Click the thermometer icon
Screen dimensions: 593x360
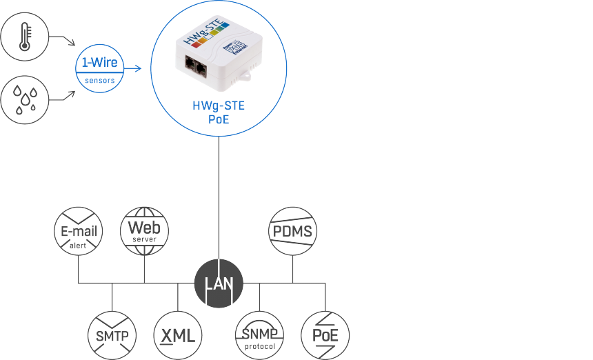pyautogui.click(x=25, y=37)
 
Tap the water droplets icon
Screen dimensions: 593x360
pyautogui.click(x=25, y=100)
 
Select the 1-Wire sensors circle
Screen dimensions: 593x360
pyautogui.click(x=100, y=68)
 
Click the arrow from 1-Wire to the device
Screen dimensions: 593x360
pyautogui.click(x=132, y=68)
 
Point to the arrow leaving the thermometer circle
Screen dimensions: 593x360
pyautogui.click(x=62, y=39)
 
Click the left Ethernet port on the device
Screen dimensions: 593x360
pyautogui.click(x=190, y=63)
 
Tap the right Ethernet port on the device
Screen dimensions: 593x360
pyautogui.click(x=201, y=68)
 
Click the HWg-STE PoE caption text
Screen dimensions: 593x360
pyautogui.click(x=219, y=112)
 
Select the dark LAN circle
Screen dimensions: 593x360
pyautogui.click(x=219, y=283)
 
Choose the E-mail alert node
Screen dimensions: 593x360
pyautogui.click(x=79, y=231)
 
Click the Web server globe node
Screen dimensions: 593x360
pyautogui.click(x=145, y=231)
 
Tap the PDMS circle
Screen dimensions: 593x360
pyautogui.click(x=293, y=231)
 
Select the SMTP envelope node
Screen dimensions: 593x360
pyautogui.click(x=112, y=335)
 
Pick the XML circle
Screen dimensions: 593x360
pyautogui.click(x=178, y=335)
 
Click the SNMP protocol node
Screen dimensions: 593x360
pyautogui.click(x=259, y=335)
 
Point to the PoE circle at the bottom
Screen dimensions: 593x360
pyautogui.click(x=325, y=335)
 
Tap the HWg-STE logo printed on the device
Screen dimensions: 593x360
pyautogui.click(x=206, y=32)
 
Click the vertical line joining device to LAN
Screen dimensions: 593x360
pyautogui.click(x=219, y=198)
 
